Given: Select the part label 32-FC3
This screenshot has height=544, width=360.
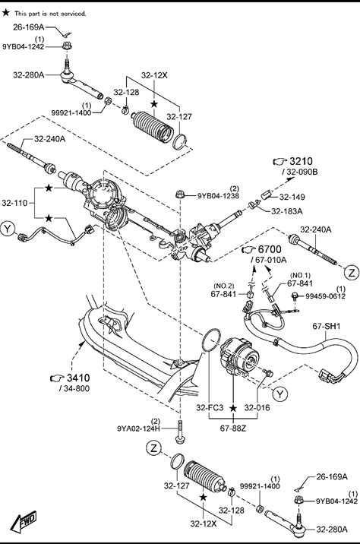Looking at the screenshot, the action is tap(210, 408).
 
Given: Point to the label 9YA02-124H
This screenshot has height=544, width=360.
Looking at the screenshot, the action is tap(139, 429).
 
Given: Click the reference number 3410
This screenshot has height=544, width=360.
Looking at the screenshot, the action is tap(78, 378).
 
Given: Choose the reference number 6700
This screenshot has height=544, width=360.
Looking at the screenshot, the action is tap(270, 249).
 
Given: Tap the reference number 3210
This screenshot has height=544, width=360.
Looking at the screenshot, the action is tap(301, 161).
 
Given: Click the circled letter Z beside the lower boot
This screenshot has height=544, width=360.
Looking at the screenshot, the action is tap(153, 448).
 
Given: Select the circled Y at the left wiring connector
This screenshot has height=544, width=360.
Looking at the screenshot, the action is tap(8, 229).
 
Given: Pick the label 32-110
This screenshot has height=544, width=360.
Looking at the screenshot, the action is tap(14, 203).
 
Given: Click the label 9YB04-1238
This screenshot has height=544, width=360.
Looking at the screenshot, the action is tap(218, 196).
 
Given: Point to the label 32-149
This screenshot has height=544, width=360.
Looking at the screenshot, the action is tap(292, 197).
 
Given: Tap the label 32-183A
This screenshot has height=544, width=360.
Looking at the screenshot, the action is tap(287, 211).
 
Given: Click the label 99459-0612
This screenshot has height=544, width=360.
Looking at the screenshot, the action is tap(325, 296).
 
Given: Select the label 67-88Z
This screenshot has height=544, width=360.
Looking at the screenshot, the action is tap(233, 429).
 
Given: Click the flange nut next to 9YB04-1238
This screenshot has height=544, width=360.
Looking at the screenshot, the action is tap(180, 195).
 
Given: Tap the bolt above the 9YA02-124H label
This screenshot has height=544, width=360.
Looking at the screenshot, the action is tap(181, 432).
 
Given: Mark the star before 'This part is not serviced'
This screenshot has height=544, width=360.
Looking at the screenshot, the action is tap(6, 13).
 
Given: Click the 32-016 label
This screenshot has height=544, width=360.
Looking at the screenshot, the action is tap(257, 408).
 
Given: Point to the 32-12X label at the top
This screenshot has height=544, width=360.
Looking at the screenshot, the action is tap(154, 75).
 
